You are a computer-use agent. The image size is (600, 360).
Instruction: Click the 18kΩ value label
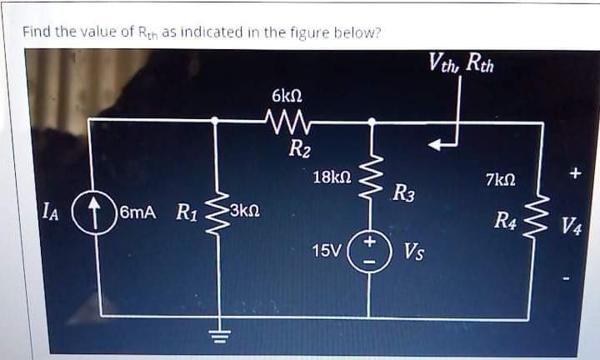pyautogui.click(x=332, y=177)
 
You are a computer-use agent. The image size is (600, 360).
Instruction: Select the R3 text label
pyautogui.click(x=405, y=195)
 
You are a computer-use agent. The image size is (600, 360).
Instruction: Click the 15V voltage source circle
pyautogui.click(x=372, y=248)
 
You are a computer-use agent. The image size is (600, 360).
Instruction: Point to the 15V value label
pyautogui.click(x=325, y=249)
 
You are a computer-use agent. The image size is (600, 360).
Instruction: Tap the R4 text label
pyautogui.click(x=505, y=220)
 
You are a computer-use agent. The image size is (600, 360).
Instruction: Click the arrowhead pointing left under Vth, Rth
pyautogui.click(x=436, y=145)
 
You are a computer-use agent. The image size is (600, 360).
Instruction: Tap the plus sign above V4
pyautogui.click(x=572, y=174)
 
